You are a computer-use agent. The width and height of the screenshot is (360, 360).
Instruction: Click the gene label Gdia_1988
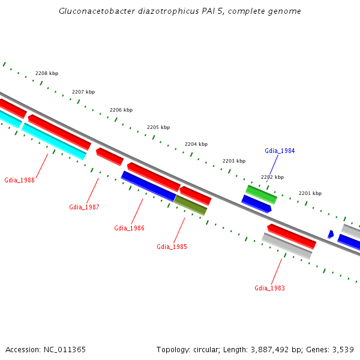pyautogui.click(x=19, y=180)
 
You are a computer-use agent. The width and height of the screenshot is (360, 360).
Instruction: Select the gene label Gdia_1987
pyautogui.click(x=84, y=207)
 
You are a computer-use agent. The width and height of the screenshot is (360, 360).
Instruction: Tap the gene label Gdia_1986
pyautogui.click(x=129, y=228)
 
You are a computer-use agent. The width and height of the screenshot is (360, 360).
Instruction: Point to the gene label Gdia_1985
pyautogui.click(x=172, y=247)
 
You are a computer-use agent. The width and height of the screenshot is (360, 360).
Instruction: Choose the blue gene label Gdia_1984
pyautogui.click(x=280, y=151)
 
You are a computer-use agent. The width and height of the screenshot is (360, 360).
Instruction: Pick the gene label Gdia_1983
pyautogui.click(x=269, y=288)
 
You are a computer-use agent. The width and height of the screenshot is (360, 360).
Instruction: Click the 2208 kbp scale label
pyautogui.click(x=47, y=73)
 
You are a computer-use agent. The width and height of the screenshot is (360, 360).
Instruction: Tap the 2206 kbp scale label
pyautogui.click(x=121, y=110)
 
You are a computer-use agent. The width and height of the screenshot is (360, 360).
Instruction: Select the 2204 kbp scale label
pyautogui.click(x=196, y=144)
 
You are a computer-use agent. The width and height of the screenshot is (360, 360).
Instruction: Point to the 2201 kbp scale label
pyautogui.click(x=310, y=193)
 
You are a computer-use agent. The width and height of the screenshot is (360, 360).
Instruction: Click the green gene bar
pyautogui.click(x=261, y=194)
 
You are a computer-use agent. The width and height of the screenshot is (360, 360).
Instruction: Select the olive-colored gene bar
pyautogui.click(x=191, y=205)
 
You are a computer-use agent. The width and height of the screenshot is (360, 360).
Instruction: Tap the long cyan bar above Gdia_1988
pyautogui.click(x=54, y=142)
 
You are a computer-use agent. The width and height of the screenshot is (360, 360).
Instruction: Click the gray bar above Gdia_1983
pyautogui.click(x=287, y=246)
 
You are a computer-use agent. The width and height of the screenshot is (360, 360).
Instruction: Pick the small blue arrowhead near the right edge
pyautogui.click(x=331, y=234)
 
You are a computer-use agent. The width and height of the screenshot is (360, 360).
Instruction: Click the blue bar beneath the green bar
pyautogui.click(x=256, y=204)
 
